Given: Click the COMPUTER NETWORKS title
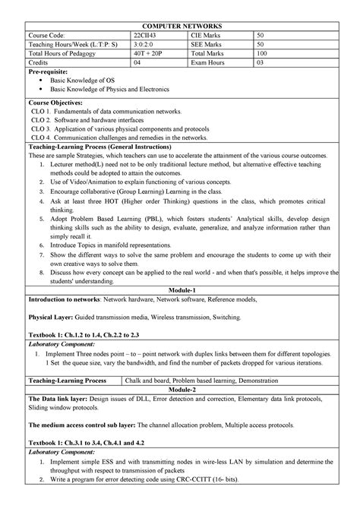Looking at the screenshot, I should (180, 25).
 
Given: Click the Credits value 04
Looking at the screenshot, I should (137, 65).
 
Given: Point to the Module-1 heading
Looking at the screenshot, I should (180, 290).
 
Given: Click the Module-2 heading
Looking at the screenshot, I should (180, 388).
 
